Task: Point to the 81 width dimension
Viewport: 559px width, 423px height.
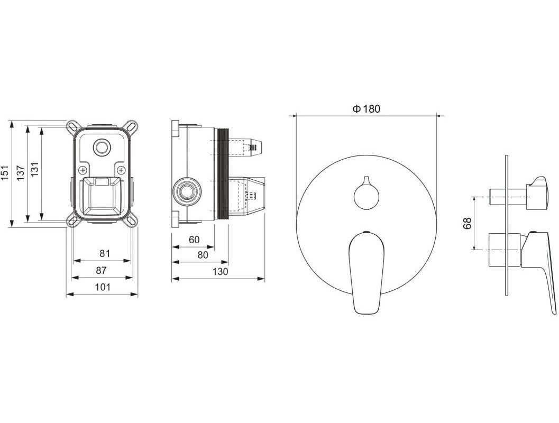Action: click(105, 253)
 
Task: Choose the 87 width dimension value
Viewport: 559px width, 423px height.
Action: click(101, 271)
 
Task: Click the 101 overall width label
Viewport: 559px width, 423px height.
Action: click(103, 287)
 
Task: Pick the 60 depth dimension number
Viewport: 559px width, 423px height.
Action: click(194, 240)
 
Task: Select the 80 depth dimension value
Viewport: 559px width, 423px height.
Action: click(203, 255)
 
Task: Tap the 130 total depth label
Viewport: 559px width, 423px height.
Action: click(220, 272)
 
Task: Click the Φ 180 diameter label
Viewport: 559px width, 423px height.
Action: click(366, 109)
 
